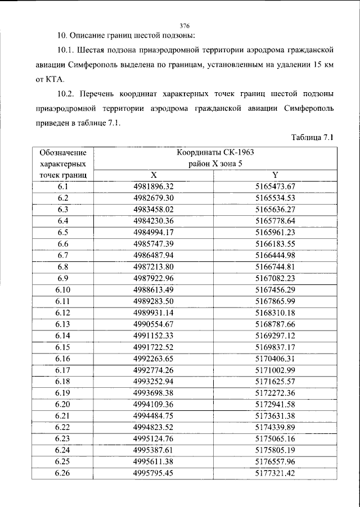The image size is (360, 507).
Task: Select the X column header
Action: click(x=153, y=175)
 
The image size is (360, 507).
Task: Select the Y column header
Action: click(x=276, y=175)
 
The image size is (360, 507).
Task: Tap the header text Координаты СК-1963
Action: click(x=215, y=152)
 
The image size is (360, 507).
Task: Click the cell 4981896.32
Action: click(x=153, y=186)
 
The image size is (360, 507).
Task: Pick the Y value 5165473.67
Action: click(x=276, y=186)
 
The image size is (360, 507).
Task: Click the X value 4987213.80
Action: click(x=153, y=267)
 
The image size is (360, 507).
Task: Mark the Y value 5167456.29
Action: click(x=276, y=290)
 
